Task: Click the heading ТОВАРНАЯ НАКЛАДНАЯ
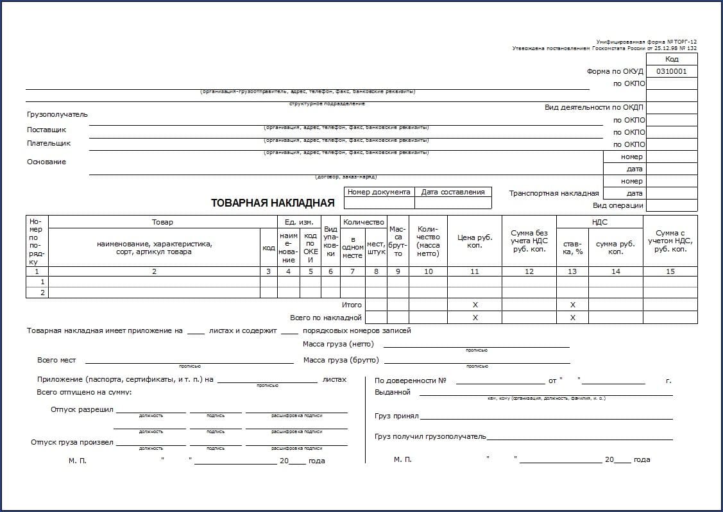coord(273,203)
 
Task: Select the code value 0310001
coord(671,71)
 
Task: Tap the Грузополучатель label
coord(57,114)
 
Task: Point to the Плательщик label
coord(49,143)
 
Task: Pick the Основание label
coord(46,162)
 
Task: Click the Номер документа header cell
coord(379,192)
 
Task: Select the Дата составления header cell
coord(453,192)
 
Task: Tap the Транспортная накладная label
coord(554,193)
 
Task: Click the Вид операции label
coord(618,206)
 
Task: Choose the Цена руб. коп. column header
coord(475,241)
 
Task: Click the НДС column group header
coord(599,222)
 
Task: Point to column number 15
coord(670,271)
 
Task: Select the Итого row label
coord(352,305)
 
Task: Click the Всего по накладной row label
coord(326,317)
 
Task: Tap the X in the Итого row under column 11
coord(475,305)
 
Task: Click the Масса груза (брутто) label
coord(341,360)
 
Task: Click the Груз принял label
coord(396,416)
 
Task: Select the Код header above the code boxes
coord(671,59)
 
